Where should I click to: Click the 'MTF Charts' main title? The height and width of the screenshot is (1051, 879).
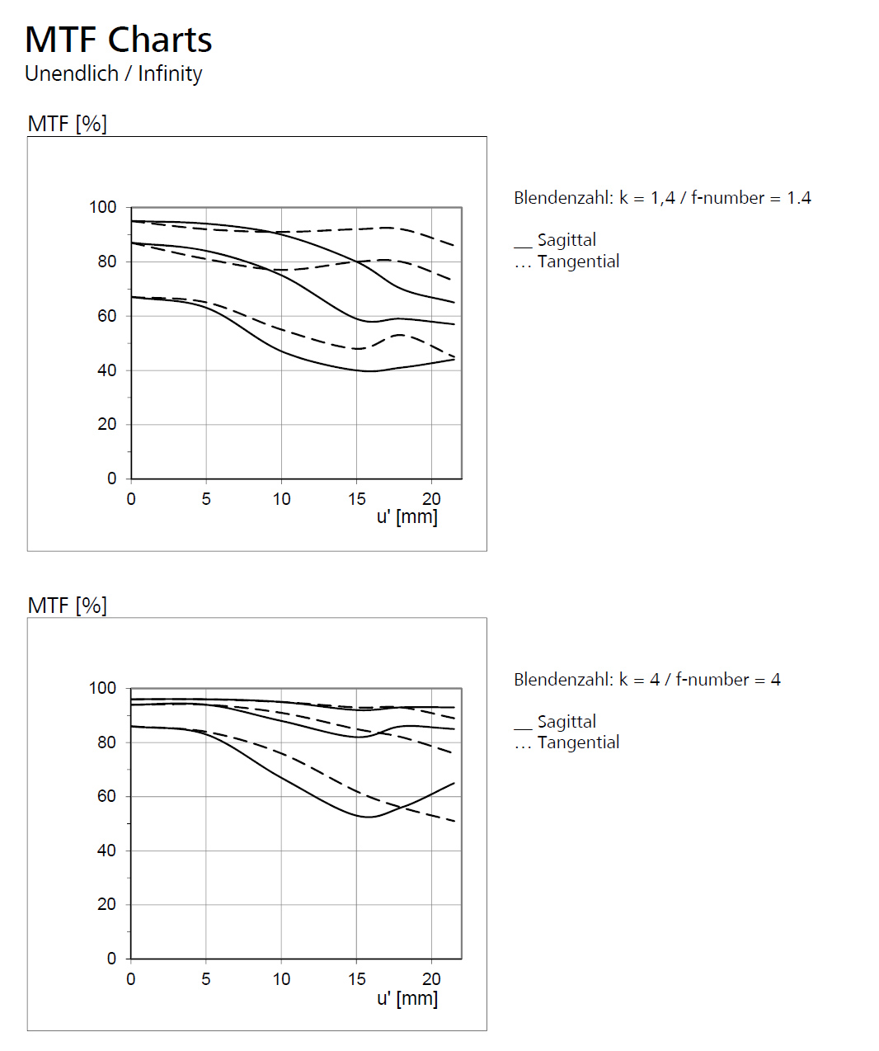pos(119,40)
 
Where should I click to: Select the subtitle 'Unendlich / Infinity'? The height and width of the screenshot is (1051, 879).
pos(114,73)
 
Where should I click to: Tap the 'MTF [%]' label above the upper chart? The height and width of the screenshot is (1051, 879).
pos(67,124)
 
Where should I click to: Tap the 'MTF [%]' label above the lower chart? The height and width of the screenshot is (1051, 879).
pos(67,606)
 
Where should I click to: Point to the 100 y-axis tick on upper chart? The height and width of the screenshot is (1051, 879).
pos(103,207)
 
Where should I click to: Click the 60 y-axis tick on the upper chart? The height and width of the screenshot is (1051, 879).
pos(107,316)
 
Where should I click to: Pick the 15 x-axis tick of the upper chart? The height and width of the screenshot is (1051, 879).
pos(356,499)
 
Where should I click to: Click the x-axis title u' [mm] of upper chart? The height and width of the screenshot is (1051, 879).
pos(407,517)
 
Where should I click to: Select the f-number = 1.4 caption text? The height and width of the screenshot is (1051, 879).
pos(662,198)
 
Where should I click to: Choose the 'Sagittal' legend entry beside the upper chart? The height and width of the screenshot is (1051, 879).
pos(566,240)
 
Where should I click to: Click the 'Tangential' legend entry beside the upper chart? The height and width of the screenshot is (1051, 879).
pos(578,262)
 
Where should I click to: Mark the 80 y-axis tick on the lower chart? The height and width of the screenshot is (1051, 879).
pos(107,742)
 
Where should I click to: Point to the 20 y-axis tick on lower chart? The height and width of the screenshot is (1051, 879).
pos(107,905)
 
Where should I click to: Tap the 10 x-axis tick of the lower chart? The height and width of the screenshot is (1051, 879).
pos(281,979)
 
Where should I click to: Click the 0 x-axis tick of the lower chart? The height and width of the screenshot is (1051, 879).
pos(131,979)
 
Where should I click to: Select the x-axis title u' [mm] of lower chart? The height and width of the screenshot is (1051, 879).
pos(407,999)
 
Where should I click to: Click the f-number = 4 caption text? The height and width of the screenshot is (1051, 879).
pos(646,680)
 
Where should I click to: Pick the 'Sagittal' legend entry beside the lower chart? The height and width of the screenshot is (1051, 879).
pos(566,722)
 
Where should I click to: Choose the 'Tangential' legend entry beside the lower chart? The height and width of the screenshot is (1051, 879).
pos(578,742)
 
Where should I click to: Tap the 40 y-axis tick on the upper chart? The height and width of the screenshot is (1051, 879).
pos(107,370)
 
